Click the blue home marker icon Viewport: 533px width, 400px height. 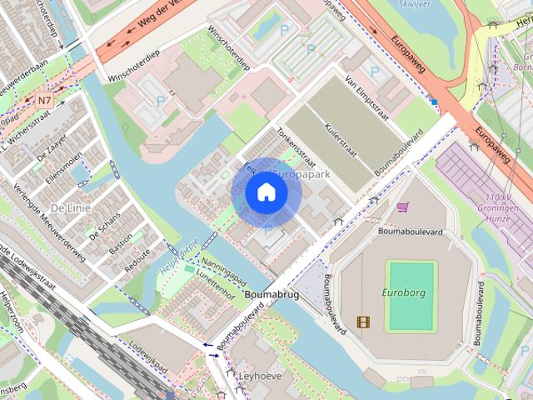point(266,192)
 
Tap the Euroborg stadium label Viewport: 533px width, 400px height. point(403,292)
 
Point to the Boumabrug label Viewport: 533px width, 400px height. point(271,294)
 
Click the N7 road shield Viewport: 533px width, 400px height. point(45,100)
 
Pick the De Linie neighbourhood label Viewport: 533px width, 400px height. point(70,207)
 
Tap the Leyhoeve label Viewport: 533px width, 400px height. point(261,376)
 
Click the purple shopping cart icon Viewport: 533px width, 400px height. point(403,207)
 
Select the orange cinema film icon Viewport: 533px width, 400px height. point(362,321)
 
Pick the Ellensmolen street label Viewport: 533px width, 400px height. point(66,171)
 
